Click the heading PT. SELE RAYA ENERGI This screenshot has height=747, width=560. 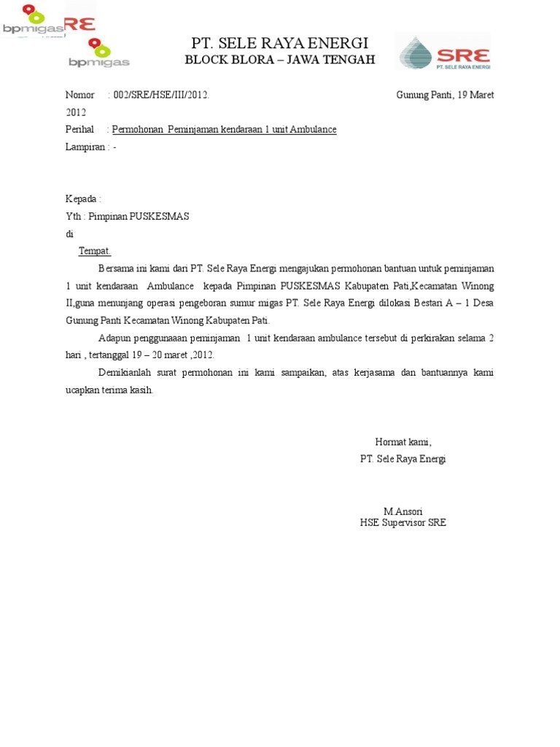click(x=279, y=42)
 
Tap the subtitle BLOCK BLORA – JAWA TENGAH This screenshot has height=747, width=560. click(x=279, y=60)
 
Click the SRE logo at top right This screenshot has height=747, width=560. click(x=443, y=52)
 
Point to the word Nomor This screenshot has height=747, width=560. click(x=80, y=95)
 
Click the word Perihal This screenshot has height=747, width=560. click(x=79, y=129)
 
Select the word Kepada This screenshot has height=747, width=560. click(x=82, y=199)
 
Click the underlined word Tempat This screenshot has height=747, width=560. click(x=94, y=251)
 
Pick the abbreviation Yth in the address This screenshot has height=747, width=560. click(x=74, y=217)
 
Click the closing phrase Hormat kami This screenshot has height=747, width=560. click(x=403, y=441)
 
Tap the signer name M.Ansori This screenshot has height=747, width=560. click(x=403, y=511)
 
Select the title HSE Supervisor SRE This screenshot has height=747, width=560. click(x=403, y=522)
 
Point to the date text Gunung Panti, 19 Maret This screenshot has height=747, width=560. click(x=445, y=95)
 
